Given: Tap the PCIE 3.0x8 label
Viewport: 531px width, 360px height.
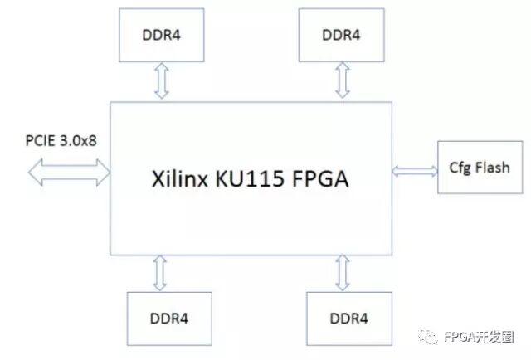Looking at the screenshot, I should pyautogui.click(x=61, y=139).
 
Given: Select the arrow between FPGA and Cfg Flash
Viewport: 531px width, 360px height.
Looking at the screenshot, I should pyautogui.click(x=415, y=170).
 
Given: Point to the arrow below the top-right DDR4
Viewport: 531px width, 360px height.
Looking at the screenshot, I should pyautogui.click(x=341, y=80).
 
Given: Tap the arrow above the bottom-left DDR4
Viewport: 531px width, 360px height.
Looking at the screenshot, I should pyautogui.click(x=160, y=272).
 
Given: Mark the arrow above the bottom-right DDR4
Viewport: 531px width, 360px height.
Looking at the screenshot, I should pyautogui.click(x=341, y=272).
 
